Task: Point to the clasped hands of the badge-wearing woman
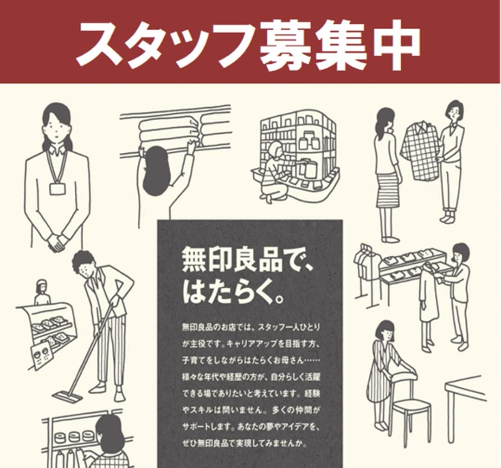57,241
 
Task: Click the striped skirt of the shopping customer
388,190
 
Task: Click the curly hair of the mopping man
83,261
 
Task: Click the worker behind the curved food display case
42,292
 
